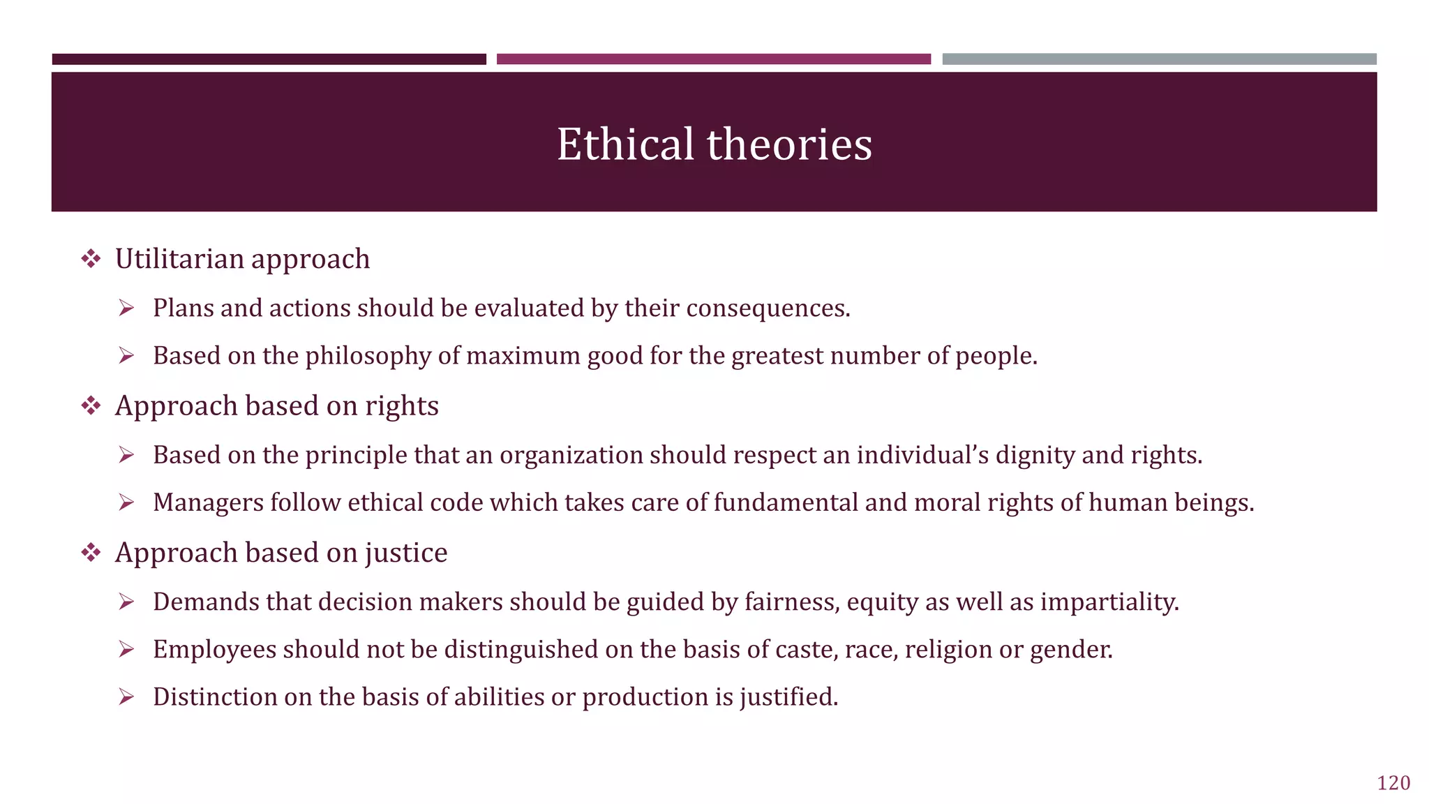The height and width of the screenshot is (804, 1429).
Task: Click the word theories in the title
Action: point(789,144)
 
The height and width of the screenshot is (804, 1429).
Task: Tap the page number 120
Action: point(1393,783)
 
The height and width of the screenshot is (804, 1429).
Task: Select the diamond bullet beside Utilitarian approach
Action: point(91,260)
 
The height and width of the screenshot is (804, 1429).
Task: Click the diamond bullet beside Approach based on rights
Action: point(91,406)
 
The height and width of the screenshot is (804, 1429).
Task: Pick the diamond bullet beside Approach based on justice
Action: point(91,553)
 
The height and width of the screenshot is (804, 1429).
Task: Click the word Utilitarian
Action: point(179,259)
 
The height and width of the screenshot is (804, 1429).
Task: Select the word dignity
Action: point(1035,455)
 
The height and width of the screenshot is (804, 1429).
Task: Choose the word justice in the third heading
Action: point(405,553)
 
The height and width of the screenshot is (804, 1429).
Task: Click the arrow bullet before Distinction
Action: point(126,697)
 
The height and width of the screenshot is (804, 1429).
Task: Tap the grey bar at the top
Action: point(1159,59)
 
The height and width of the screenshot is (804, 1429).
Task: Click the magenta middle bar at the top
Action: point(713,59)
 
